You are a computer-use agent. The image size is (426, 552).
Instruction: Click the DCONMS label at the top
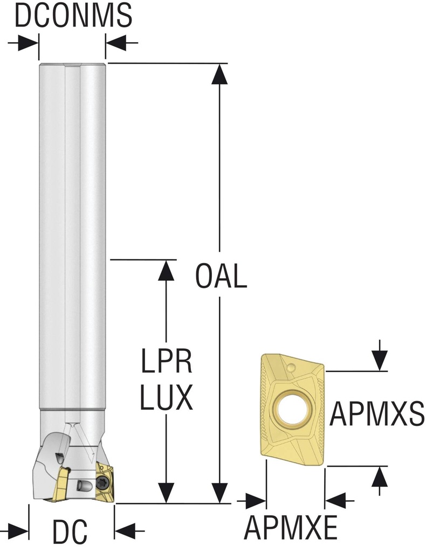(x=73, y=16)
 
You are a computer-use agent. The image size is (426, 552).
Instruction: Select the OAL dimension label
(x=221, y=276)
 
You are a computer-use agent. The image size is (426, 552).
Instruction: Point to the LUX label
(x=166, y=397)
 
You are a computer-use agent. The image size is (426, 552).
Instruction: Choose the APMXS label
(x=377, y=414)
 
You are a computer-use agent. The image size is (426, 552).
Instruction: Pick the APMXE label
(x=291, y=527)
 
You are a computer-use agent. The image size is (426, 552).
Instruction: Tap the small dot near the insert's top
(x=291, y=368)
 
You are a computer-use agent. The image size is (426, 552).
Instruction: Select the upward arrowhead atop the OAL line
(x=219, y=74)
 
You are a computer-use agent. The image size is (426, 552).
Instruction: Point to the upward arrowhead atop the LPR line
(x=166, y=271)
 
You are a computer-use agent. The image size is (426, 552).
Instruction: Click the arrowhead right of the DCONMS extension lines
(x=116, y=43)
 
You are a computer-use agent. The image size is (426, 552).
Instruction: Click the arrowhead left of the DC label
(x=18, y=530)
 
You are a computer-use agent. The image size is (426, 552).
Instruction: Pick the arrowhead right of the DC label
(x=125, y=530)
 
